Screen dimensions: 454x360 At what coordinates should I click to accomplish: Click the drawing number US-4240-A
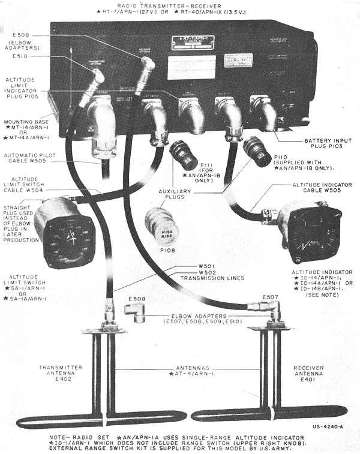tap(329, 427)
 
